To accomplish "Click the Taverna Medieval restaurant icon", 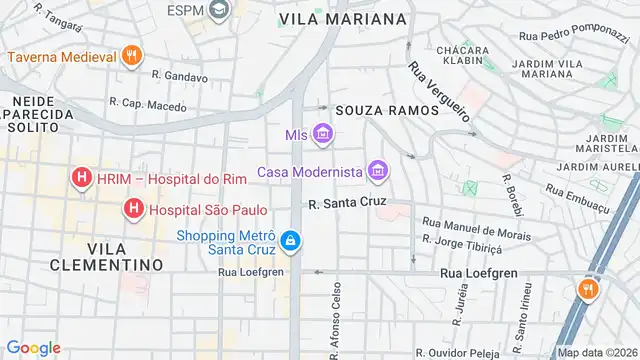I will tap(130, 56).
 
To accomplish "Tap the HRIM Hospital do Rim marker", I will tap(82, 180).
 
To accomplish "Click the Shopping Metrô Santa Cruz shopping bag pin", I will tap(289, 240).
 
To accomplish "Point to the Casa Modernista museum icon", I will tap(377, 172).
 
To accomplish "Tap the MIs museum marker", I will tap(322, 133).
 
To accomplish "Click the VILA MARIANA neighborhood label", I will tap(343, 19).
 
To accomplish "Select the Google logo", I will tap(34, 348).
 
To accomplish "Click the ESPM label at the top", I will tap(186, 10).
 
